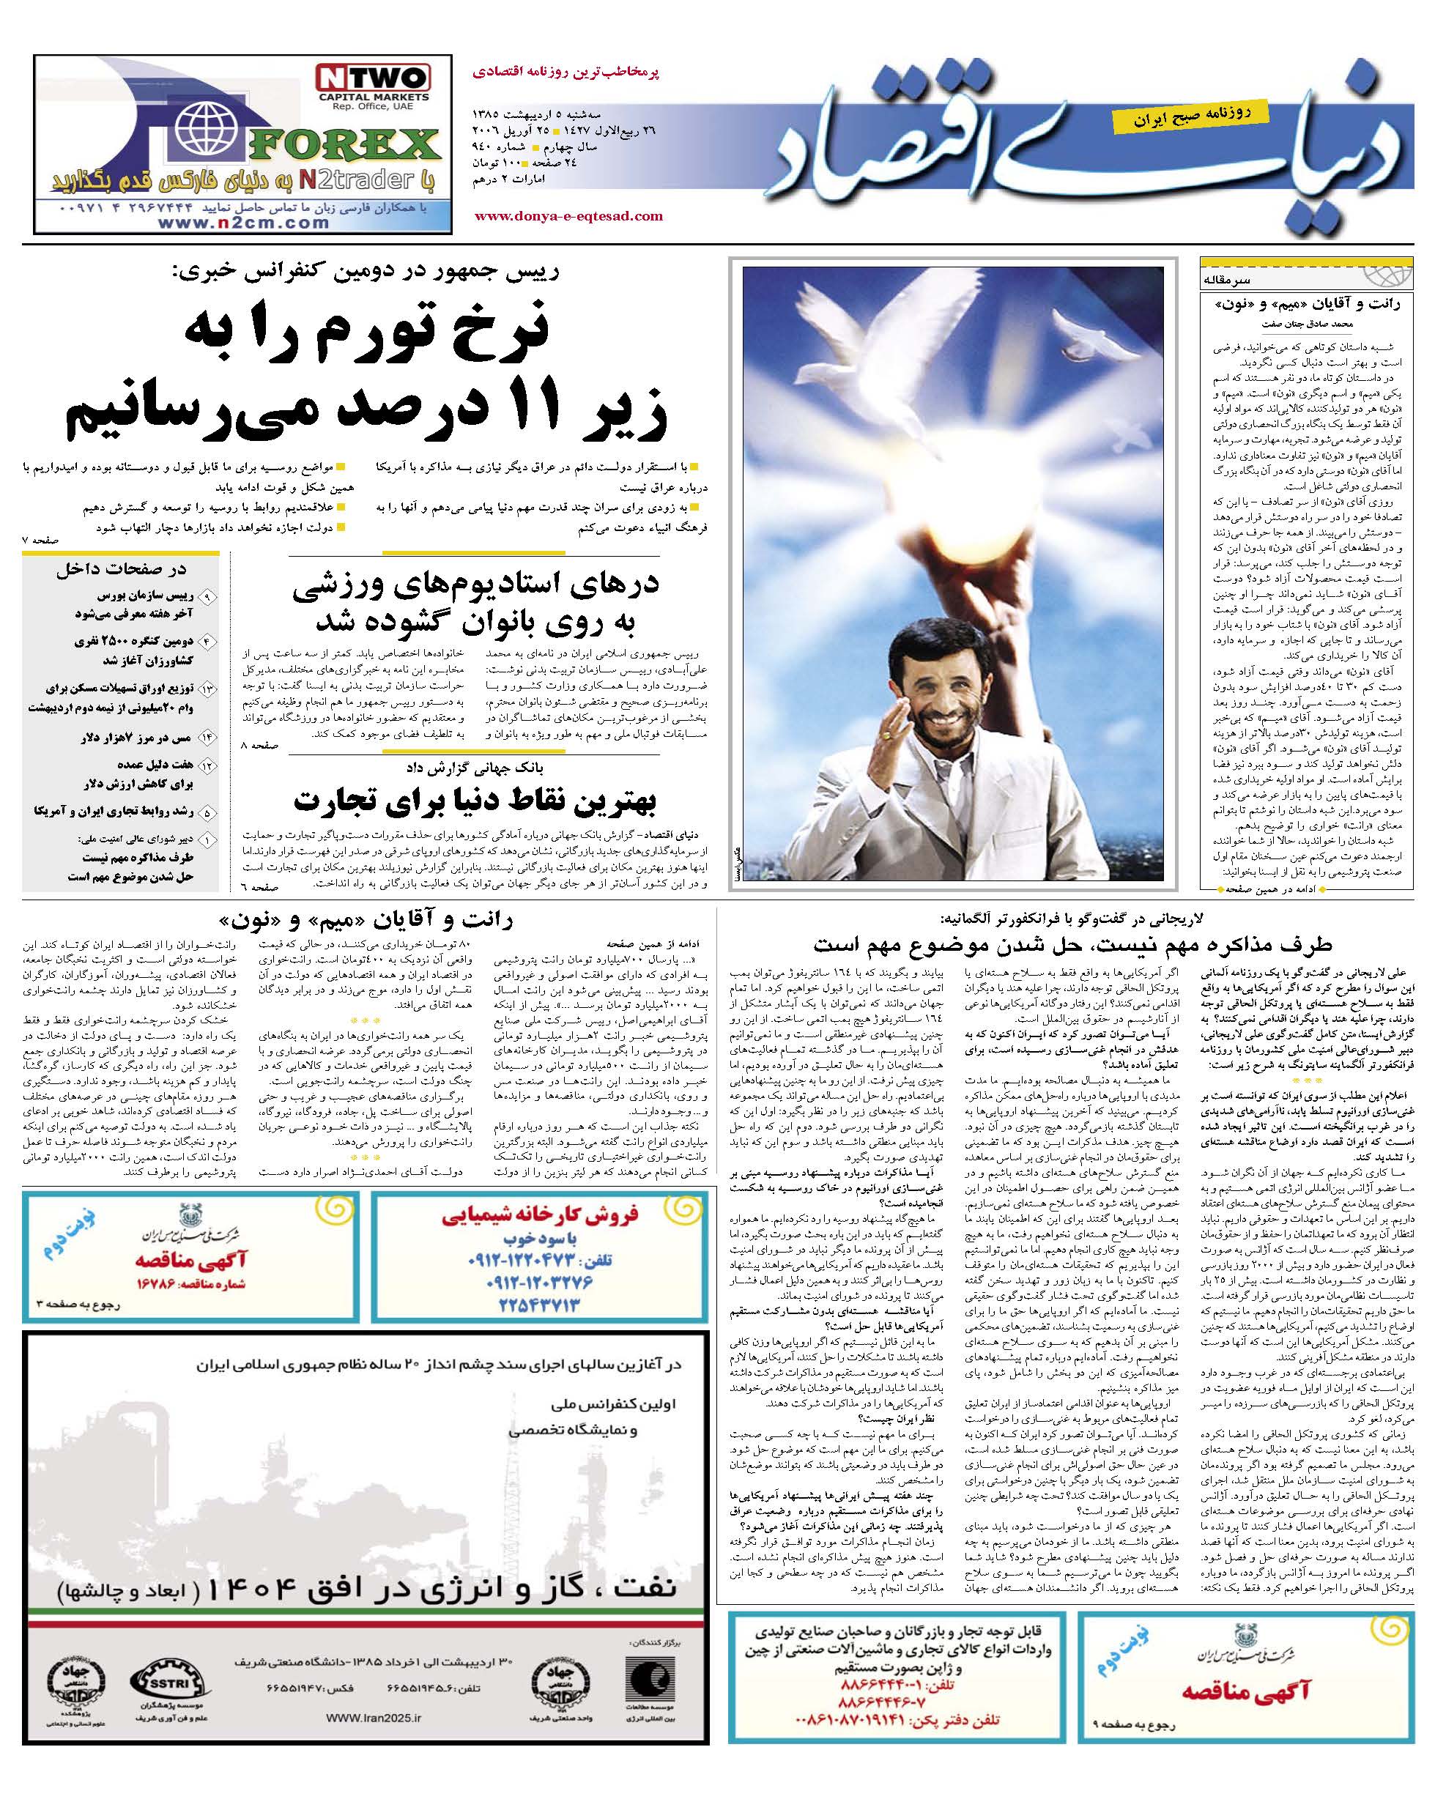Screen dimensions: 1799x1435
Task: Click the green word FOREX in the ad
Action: [x=344, y=145]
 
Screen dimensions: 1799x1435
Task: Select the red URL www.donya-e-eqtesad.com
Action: [x=568, y=216]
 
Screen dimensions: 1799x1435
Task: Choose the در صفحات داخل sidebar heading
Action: [x=122, y=570]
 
